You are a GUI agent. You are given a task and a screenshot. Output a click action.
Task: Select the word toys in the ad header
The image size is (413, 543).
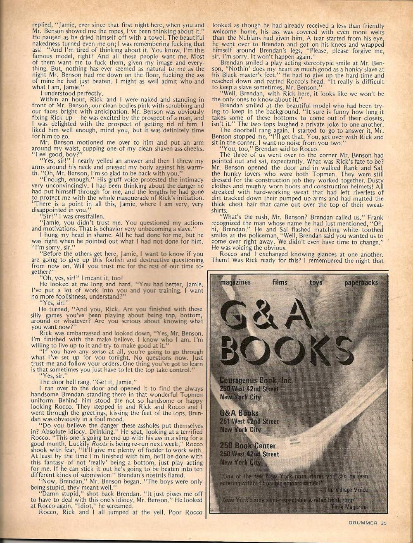317,282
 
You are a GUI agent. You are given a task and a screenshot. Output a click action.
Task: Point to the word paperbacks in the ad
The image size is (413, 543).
361,282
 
